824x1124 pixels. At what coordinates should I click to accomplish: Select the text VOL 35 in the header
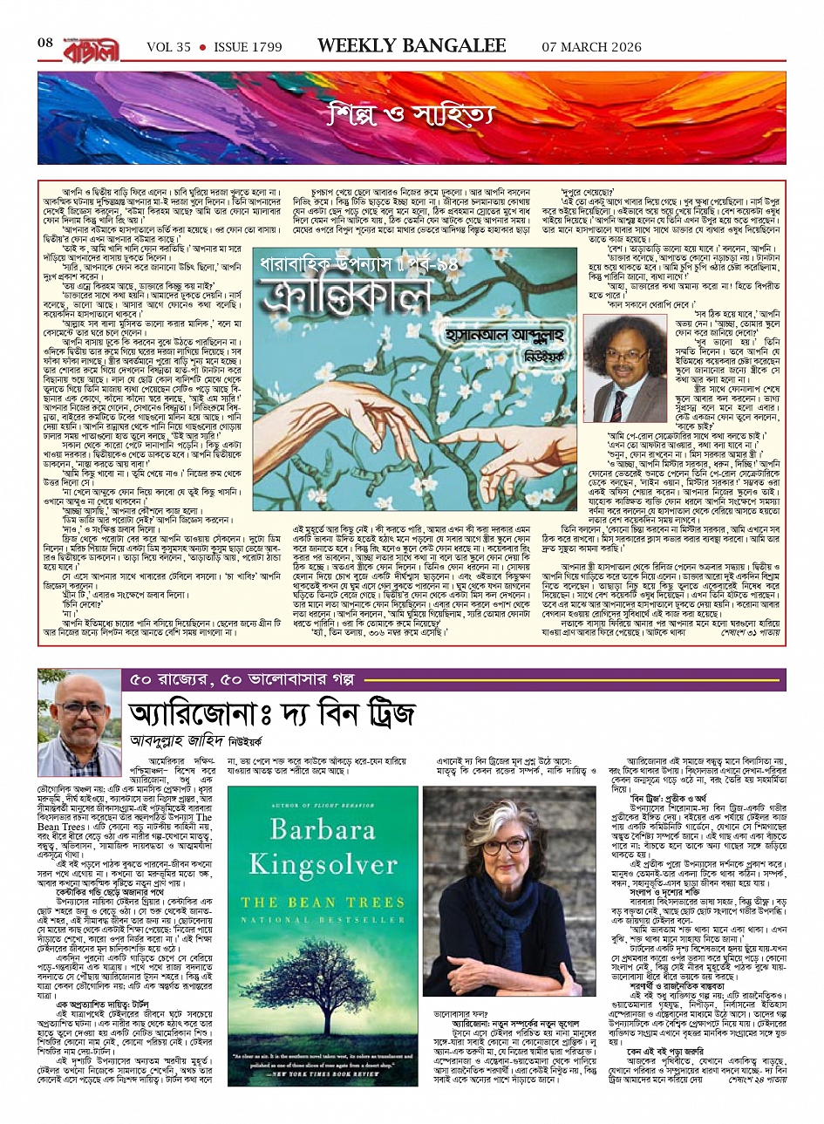click(x=168, y=47)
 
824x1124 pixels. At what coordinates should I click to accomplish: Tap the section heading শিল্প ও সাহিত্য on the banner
click(x=411, y=113)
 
